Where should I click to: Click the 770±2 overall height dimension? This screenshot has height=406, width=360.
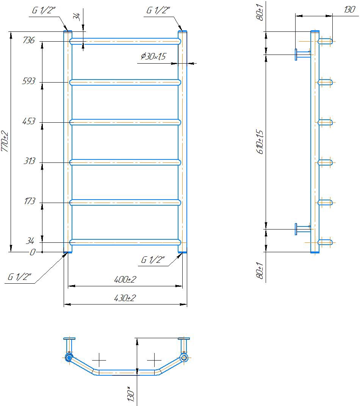pos(5,142)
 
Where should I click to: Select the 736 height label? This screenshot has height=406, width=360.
pos(29,40)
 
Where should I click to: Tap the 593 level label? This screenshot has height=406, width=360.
pos(29,81)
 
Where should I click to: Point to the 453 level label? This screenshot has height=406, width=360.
pos(29,121)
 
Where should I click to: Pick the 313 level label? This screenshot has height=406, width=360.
pos(29,161)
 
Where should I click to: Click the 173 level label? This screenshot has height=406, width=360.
pos(30,201)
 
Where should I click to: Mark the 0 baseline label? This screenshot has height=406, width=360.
pos(32,252)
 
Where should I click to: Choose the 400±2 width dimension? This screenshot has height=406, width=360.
pos(125,280)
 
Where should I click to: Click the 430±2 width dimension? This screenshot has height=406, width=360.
pos(125,298)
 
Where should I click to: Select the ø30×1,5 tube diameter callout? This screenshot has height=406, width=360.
pos(153,56)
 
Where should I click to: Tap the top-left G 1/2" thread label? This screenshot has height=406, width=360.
pos(44,10)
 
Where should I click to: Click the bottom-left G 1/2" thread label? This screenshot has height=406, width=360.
pos(19,277)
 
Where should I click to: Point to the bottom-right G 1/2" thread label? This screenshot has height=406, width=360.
pos(153,260)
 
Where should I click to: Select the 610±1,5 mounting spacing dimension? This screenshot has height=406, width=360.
pos(260,142)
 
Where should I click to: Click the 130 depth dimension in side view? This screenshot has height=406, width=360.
pos(349,9)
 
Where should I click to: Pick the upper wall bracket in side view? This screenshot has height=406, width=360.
pos(302,54)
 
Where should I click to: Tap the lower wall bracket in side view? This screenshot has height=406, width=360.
pos(302,229)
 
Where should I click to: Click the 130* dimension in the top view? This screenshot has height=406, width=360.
pos(131,394)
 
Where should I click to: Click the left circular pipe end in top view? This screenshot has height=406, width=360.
pos(69,358)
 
